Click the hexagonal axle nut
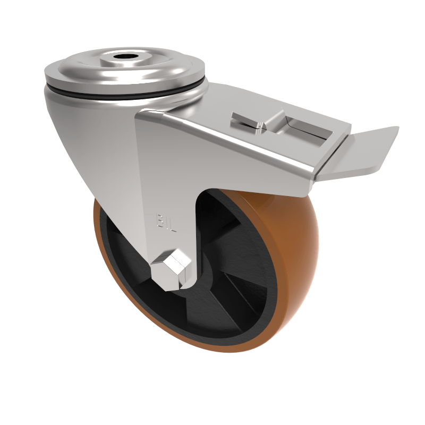click(171, 268)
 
